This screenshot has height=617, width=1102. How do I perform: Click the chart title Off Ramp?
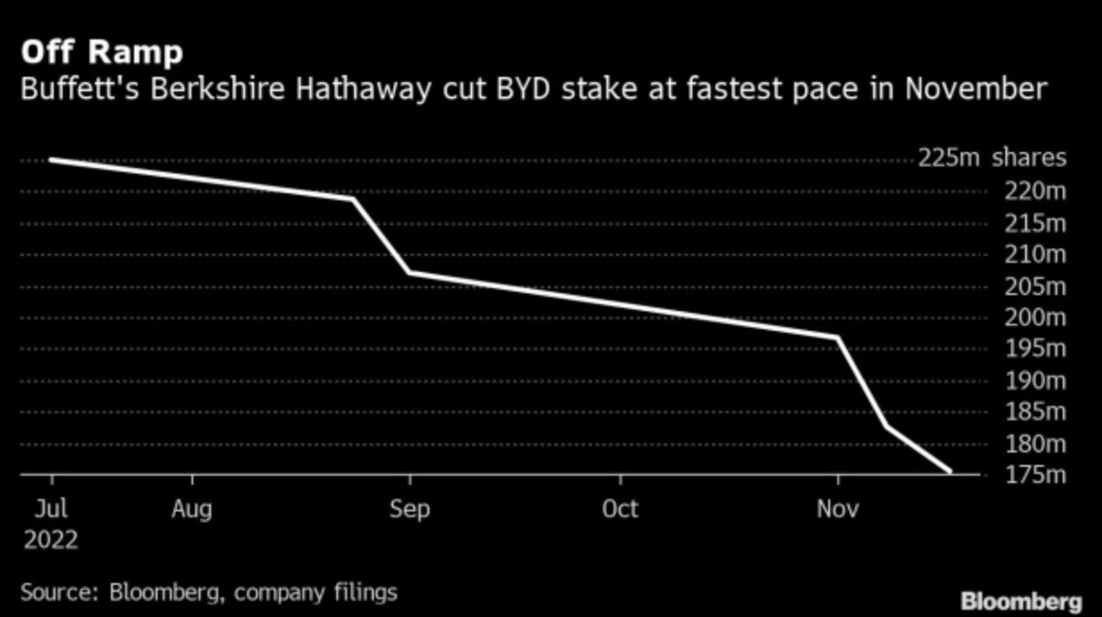pos(101,53)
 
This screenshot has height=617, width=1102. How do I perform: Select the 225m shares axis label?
pos(992,158)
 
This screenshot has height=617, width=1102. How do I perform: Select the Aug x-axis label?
pos(192,509)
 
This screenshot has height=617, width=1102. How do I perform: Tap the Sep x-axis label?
pos(410,509)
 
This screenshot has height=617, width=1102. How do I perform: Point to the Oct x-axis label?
pos(620,509)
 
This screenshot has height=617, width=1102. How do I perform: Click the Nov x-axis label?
pos(837,509)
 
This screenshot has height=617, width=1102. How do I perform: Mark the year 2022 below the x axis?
pos(50,540)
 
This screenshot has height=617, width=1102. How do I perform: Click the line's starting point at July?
pos(51,159)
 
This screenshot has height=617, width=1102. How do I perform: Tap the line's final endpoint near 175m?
pos(950,471)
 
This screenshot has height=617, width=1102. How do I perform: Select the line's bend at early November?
pos(838,337)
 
